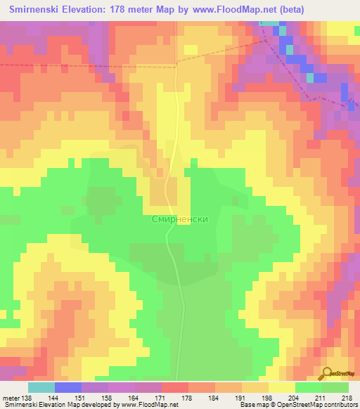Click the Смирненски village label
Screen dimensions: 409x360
click(180, 219)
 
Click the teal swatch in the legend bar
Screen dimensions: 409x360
click(41, 387)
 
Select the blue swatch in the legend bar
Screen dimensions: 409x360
click(67, 387)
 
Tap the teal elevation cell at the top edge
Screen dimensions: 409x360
click(268, 24)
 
